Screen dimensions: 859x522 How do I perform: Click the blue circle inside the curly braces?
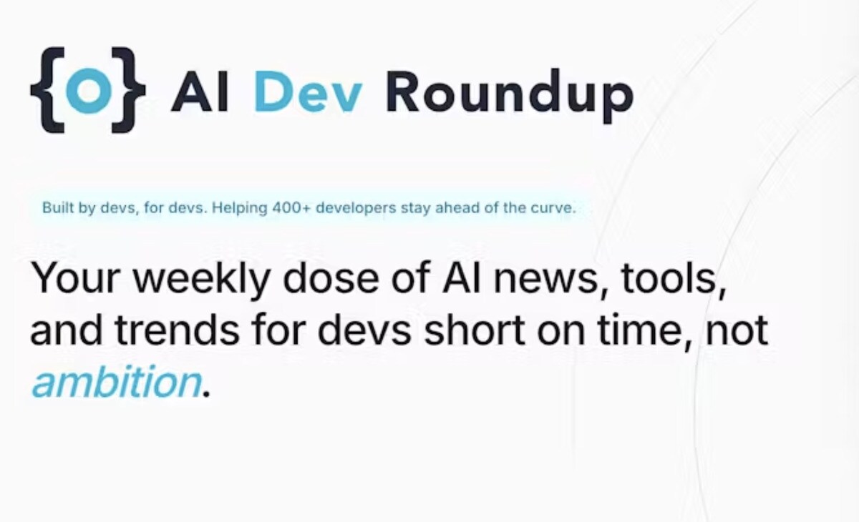click(88, 89)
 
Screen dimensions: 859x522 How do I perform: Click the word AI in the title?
click(200, 92)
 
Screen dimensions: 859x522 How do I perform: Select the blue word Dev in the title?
click(308, 92)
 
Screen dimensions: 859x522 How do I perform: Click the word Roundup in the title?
click(509, 96)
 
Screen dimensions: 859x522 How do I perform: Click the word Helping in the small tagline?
click(239, 208)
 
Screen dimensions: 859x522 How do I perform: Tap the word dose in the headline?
click(331, 277)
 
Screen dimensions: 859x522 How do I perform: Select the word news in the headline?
click(545, 280)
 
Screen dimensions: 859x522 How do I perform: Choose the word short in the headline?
click(474, 330)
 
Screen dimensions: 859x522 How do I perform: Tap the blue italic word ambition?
click(116, 381)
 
